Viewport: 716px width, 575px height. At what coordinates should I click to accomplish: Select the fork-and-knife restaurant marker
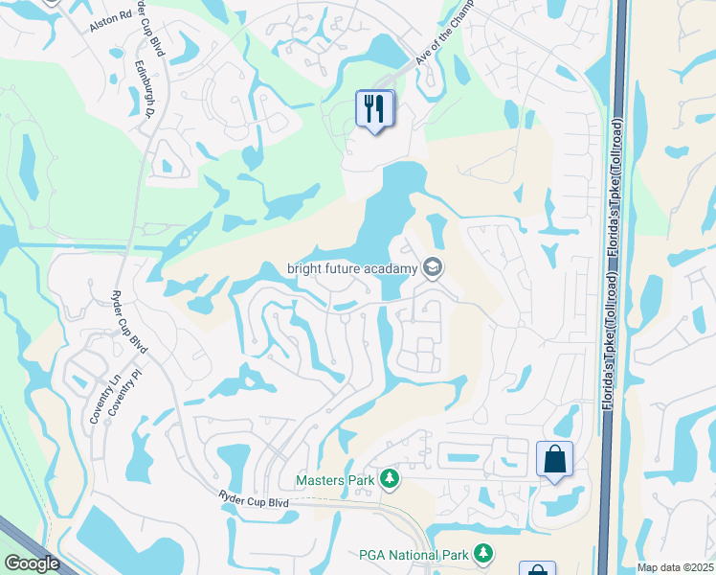pyautogui.click(x=373, y=108)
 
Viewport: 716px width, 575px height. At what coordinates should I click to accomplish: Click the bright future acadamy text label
pyautogui.click(x=352, y=268)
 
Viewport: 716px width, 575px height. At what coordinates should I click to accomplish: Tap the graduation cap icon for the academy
pyautogui.click(x=434, y=267)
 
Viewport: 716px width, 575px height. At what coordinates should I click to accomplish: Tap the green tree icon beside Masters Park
pyautogui.click(x=389, y=478)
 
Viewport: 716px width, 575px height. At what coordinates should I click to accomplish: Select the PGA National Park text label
pyautogui.click(x=414, y=555)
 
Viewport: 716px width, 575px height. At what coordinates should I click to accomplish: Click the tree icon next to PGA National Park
pyautogui.click(x=484, y=554)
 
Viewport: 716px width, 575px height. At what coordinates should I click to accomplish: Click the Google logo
pyautogui.click(x=31, y=563)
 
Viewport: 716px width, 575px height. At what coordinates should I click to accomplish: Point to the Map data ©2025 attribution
pyautogui.click(x=674, y=567)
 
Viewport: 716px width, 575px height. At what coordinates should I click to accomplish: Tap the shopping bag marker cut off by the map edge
pyautogui.click(x=537, y=569)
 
